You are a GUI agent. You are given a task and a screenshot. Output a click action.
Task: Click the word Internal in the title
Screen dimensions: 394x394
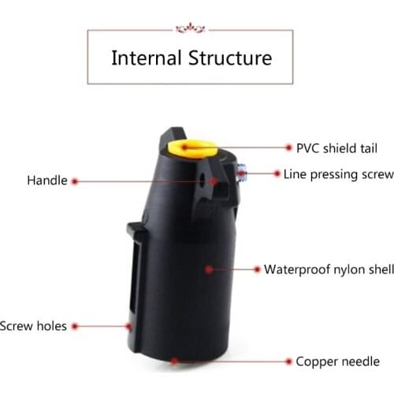(147, 58)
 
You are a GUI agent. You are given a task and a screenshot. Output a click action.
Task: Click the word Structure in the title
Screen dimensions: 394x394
(230, 58)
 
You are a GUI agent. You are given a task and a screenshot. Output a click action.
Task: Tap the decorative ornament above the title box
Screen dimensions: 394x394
(190, 28)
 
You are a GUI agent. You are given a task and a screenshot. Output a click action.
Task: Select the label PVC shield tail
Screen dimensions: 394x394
(336, 148)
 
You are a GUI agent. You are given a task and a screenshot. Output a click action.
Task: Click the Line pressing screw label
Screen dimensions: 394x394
(339, 174)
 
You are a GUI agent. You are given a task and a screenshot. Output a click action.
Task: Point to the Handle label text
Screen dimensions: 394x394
(47, 180)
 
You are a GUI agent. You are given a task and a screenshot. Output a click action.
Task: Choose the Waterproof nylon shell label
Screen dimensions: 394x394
(329, 269)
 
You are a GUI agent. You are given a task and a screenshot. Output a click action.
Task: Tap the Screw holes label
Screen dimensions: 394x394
(33, 326)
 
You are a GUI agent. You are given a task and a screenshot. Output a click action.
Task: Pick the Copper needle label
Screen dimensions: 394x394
(338, 362)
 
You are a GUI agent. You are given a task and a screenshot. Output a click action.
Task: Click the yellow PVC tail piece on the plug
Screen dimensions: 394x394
(192, 149)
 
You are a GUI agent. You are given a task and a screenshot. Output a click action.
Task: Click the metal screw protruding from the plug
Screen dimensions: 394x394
(241, 173)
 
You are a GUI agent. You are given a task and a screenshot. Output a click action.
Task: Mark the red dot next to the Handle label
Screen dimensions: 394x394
(75, 181)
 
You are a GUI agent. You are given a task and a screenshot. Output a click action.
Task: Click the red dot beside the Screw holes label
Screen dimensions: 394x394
(75, 326)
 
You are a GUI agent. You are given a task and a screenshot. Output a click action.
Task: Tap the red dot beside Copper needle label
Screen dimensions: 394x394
(288, 362)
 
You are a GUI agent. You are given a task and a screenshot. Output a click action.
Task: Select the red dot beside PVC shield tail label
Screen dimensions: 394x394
(288, 147)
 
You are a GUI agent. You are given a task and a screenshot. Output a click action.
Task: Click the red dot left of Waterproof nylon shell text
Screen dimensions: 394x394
(257, 269)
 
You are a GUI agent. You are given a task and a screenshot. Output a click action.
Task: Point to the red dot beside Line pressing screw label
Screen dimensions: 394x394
(277, 173)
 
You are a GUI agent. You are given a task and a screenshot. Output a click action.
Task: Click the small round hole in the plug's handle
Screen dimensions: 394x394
(203, 180)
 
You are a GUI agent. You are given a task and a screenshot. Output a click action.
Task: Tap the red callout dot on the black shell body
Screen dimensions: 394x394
(209, 269)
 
